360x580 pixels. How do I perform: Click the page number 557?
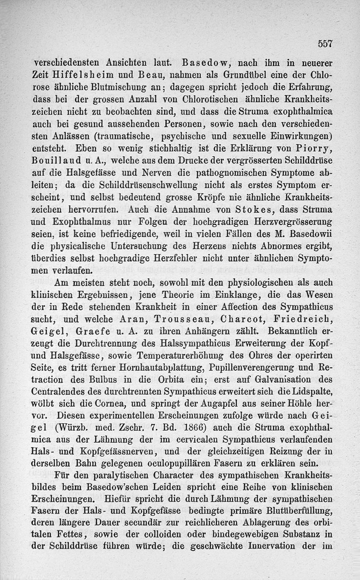pyautogui.click(x=324, y=44)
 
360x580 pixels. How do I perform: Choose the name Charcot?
pyautogui.click(x=243, y=319)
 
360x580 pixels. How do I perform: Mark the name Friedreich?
pyautogui.click(x=306, y=319)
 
